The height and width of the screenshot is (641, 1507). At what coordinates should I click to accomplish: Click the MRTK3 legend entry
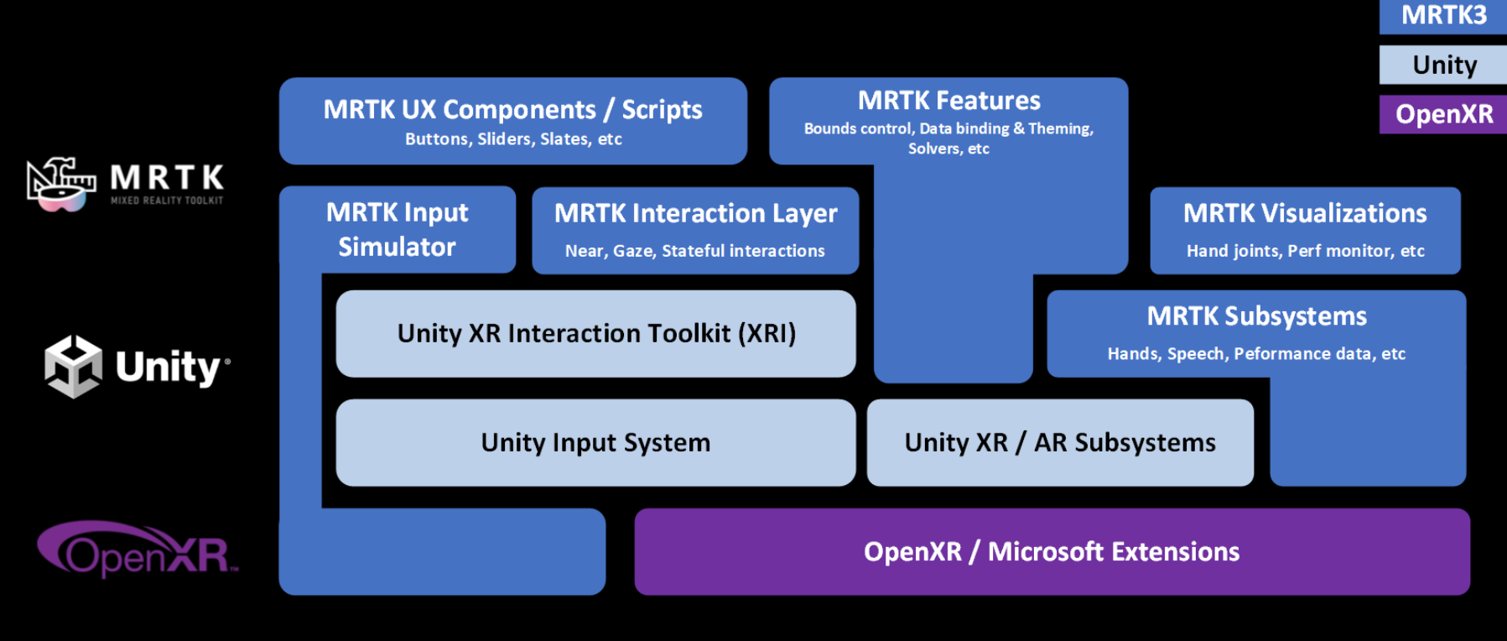pyautogui.click(x=1443, y=15)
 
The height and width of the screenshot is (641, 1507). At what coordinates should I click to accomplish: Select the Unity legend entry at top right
pyautogui.click(x=1443, y=65)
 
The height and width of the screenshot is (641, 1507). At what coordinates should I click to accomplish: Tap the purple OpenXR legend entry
pyautogui.click(x=1443, y=114)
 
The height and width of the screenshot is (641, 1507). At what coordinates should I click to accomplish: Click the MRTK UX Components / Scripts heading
pyautogui.click(x=512, y=109)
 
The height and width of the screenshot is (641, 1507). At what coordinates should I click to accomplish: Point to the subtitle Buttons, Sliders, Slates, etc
pyautogui.click(x=513, y=139)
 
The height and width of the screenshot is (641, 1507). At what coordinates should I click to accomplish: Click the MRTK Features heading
pyautogui.click(x=948, y=101)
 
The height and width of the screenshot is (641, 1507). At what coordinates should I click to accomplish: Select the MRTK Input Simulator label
pyautogui.click(x=397, y=229)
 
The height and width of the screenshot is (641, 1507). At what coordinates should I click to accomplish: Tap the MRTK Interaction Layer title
pyautogui.click(x=695, y=213)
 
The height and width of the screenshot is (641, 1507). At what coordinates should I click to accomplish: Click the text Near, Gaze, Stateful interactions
pyautogui.click(x=694, y=251)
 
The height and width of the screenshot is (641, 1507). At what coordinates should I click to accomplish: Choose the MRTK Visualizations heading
pyautogui.click(x=1305, y=213)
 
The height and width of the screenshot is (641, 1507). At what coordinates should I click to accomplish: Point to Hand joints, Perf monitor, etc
pyautogui.click(x=1305, y=251)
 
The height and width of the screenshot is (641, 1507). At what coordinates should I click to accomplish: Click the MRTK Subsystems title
pyautogui.click(x=1256, y=316)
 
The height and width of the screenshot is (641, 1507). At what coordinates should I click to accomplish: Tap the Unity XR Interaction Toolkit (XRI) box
pyautogui.click(x=595, y=334)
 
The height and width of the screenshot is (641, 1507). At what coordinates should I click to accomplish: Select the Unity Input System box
pyautogui.click(x=595, y=443)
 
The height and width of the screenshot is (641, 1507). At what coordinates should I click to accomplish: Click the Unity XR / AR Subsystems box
pyautogui.click(x=1060, y=443)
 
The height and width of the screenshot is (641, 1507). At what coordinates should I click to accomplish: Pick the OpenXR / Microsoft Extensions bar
pyautogui.click(x=1052, y=552)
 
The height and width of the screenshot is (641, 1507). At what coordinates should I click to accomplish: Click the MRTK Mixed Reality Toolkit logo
pyautogui.click(x=126, y=183)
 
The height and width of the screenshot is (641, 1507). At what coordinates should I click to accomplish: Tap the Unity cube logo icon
pyautogui.click(x=74, y=367)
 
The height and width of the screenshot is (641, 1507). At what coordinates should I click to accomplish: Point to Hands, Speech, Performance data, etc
pyautogui.click(x=1256, y=354)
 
